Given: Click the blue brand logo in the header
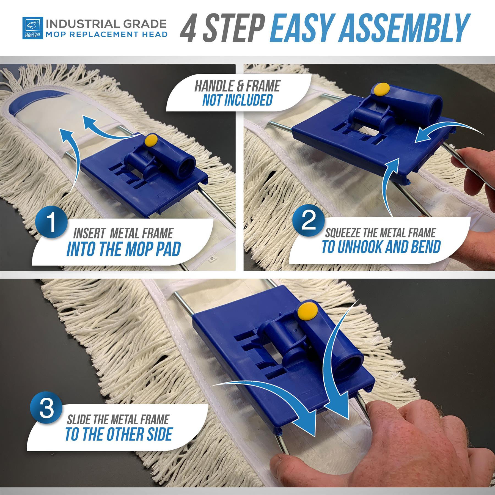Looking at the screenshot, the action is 33,28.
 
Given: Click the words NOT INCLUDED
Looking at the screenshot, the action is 237,100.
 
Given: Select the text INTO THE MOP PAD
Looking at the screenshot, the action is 123,249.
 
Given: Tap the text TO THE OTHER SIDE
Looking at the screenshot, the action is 119,434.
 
